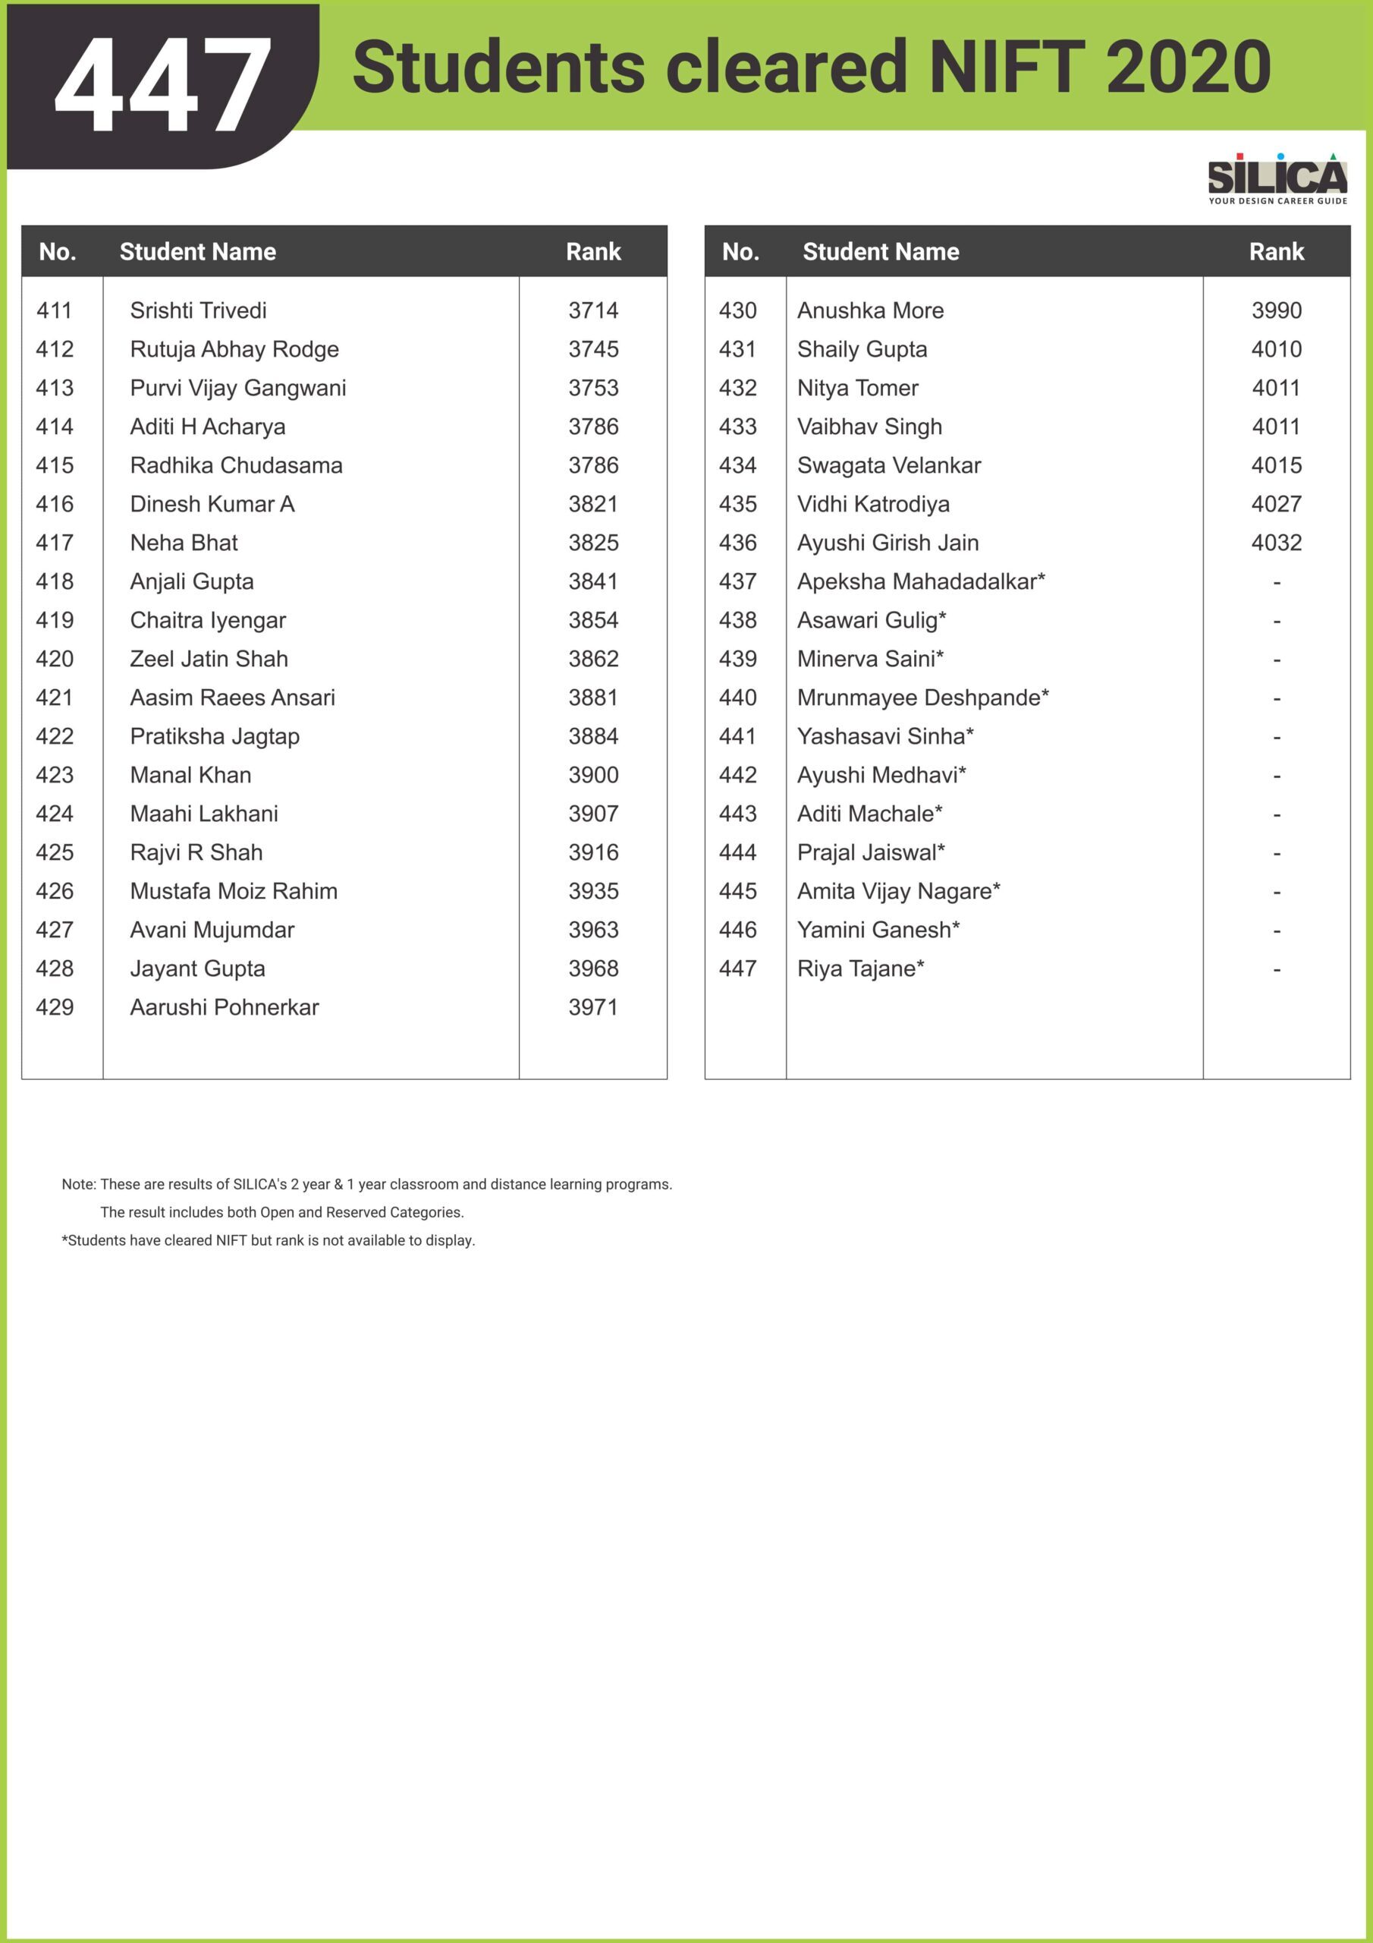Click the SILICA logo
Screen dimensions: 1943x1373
click(x=1277, y=178)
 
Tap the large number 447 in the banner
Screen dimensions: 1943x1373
click(x=163, y=86)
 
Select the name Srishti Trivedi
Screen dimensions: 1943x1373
click(x=198, y=310)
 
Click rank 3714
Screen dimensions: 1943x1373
click(x=593, y=310)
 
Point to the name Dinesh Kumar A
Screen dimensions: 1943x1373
click(x=212, y=505)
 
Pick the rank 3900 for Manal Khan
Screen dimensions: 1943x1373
click(x=593, y=775)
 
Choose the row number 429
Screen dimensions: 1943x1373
click(x=55, y=1007)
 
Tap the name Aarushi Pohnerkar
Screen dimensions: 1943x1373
click(x=225, y=1007)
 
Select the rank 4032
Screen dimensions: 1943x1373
click(x=1276, y=543)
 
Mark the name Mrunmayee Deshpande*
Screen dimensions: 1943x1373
click(x=922, y=698)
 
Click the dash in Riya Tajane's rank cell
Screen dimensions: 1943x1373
click(x=1276, y=970)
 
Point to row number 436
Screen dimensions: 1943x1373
click(x=737, y=543)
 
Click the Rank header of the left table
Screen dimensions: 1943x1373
click(x=593, y=251)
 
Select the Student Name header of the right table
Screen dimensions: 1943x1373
click(x=880, y=251)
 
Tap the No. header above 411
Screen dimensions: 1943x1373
click(x=58, y=251)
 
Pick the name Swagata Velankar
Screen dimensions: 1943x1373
click(x=888, y=465)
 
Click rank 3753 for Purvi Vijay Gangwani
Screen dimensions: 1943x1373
click(x=593, y=389)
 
